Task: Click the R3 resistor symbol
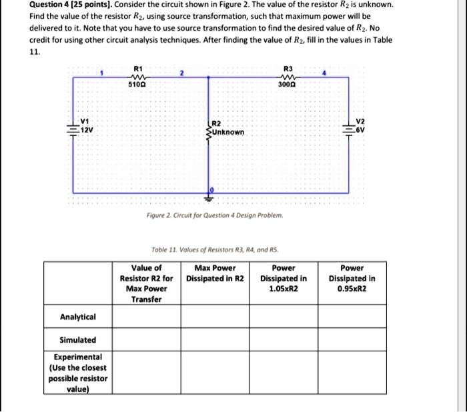point(287,77)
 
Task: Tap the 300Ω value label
point(287,85)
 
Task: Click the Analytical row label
point(78,317)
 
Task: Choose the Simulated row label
point(78,339)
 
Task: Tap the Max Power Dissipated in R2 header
point(215,273)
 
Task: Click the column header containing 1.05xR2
point(284,279)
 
